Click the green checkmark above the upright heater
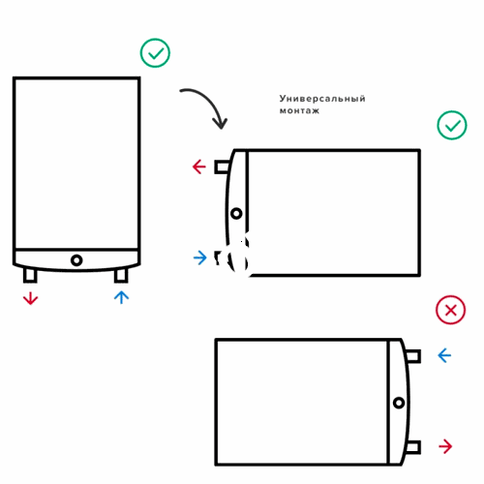155,53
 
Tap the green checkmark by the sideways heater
452,125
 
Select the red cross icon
451,310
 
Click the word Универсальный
322,98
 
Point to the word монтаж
299,110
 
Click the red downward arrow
31,298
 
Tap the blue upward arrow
121,297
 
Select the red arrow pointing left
199,166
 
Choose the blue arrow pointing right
200,258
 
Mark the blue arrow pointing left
444,355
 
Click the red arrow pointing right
445,446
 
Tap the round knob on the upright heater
76,260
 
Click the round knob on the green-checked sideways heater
236,213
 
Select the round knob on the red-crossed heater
399,403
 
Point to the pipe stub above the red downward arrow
30,275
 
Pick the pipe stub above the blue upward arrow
121,276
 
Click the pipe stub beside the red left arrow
222,166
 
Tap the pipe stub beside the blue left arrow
413,356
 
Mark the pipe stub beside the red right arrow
413,447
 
